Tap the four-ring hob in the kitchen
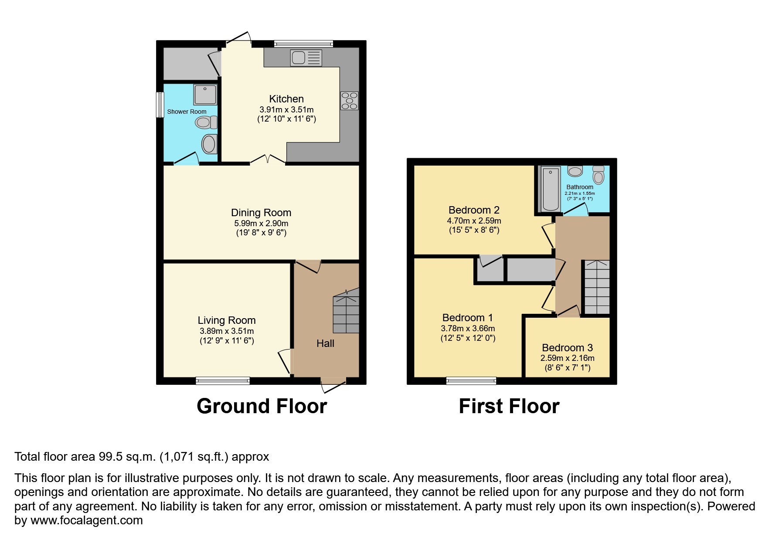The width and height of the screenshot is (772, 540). point(350,101)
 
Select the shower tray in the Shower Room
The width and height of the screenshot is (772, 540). point(205,95)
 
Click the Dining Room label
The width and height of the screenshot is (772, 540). point(261,213)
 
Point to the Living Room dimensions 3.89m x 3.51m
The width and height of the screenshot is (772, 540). point(226,331)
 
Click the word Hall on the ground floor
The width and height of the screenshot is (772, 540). point(325,343)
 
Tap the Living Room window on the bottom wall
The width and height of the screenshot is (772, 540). point(223,380)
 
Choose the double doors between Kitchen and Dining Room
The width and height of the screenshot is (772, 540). point(268,160)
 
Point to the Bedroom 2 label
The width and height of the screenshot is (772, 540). point(474,210)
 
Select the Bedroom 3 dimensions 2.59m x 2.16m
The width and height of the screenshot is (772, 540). point(567,358)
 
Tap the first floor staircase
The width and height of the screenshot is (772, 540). point(596,288)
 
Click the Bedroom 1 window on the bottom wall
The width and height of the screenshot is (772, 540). point(471,380)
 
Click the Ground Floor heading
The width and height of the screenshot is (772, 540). point(262,406)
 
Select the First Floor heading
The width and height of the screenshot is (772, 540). point(509,406)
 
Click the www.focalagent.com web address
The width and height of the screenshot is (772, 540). point(86,520)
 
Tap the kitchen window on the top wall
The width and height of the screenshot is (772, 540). point(309,43)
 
